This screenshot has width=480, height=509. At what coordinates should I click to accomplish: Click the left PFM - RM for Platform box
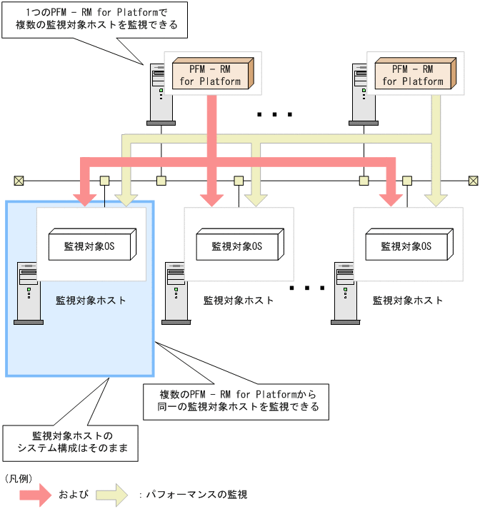[211, 74]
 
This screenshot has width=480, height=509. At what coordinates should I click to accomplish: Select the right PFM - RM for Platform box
[412, 74]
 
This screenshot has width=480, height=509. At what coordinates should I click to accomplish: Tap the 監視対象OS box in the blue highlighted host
[91, 246]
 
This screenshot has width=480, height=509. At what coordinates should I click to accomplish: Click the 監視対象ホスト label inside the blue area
[91, 301]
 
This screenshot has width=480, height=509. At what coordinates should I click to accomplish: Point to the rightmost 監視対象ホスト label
[408, 301]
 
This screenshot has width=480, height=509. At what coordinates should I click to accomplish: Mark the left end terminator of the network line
[19, 180]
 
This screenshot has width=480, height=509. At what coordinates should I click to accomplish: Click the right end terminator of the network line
[473, 180]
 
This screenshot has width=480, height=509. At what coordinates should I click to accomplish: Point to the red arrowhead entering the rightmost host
[391, 198]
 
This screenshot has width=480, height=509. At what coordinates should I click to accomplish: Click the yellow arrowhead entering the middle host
[254, 198]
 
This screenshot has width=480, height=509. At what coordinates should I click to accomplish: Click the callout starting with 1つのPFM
[96, 19]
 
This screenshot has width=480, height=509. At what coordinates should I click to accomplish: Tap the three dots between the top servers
[274, 114]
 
